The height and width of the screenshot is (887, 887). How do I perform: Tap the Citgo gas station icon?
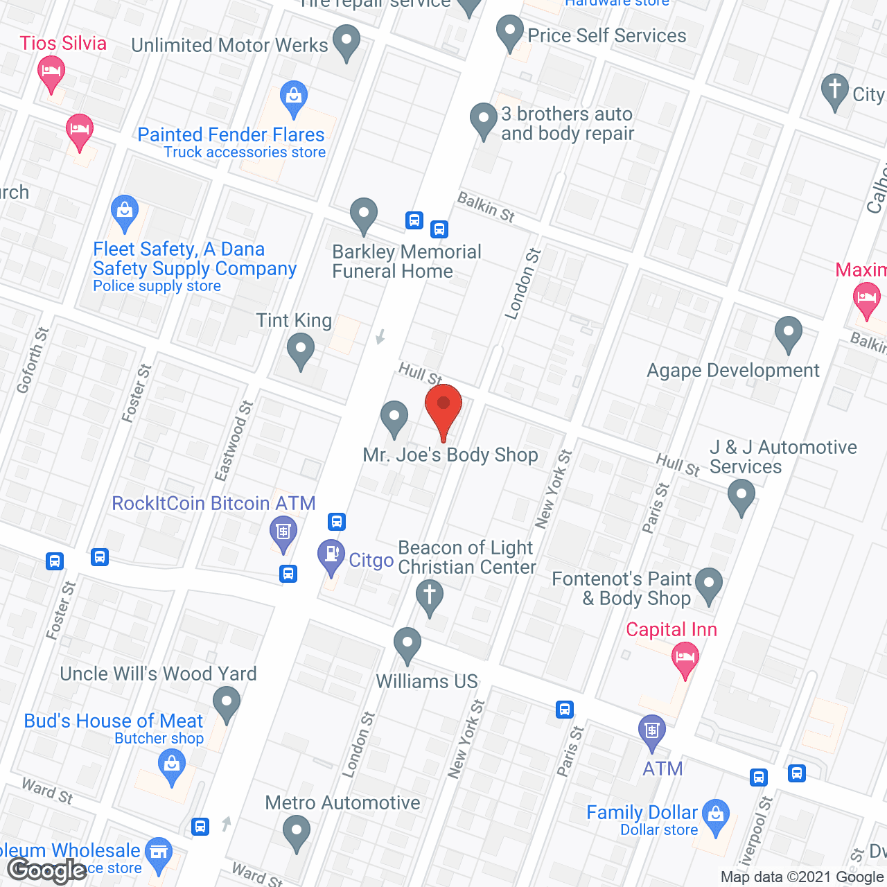pyautogui.click(x=331, y=556)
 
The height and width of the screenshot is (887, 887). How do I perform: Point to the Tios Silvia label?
pyautogui.click(x=63, y=43)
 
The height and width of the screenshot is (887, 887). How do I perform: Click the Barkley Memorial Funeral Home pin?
pyautogui.click(x=363, y=216)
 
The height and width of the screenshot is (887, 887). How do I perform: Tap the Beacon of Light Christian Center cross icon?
pyautogui.click(x=430, y=597)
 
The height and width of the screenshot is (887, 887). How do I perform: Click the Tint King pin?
pyautogui.click(x=300, y=350)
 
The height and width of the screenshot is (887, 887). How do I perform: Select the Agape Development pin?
pyautogui.click(x=788, y=333)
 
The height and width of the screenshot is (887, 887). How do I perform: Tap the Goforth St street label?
pyautogui.click(x=33, y=360)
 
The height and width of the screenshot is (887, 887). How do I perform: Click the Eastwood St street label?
pyautogui.click(x=234, y=441)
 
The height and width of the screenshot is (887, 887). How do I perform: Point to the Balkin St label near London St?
pyautogui.click(x=486, y=207)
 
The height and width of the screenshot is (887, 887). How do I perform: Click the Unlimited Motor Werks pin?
pyautogui.click(x=346, y=42)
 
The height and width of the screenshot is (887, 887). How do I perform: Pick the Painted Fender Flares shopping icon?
pyautogui.click(x=294, y=99)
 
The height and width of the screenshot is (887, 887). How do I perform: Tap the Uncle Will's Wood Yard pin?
pyautogui.click(x=226, y=703)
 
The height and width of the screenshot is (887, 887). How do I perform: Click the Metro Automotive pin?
pyautogui.click(x=297, y=832)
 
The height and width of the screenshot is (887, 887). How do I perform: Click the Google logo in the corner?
pyautogui.click(x=47, y=870)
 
